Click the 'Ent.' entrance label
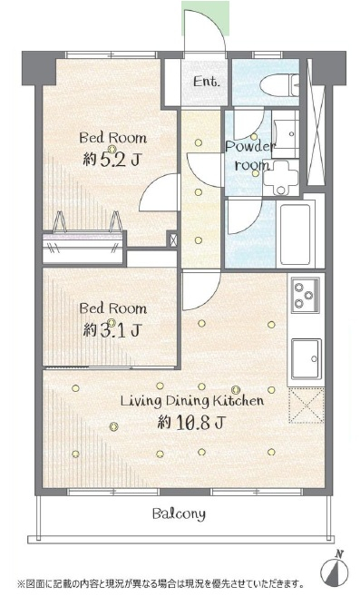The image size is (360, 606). coord(206,82)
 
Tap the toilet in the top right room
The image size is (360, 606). coord(279,84)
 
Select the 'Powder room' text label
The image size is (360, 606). coord(250,156)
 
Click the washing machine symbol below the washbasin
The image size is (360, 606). coord(281,178)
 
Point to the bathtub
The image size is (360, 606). coord(296,233)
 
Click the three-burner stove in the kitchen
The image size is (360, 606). coord(305,295)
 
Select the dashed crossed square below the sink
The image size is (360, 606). coord(306,406)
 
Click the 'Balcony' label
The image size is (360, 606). coord(179,513)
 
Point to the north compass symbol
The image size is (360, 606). coord(335,569)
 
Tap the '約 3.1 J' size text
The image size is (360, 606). coord(112,330)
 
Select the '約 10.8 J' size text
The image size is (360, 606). coord(190,423)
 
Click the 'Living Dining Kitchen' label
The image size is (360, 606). coord(192,400)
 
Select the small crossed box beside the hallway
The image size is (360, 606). coord(173,239)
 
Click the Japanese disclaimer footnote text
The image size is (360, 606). coord(160,593)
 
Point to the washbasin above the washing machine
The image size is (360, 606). coord(285,133)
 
